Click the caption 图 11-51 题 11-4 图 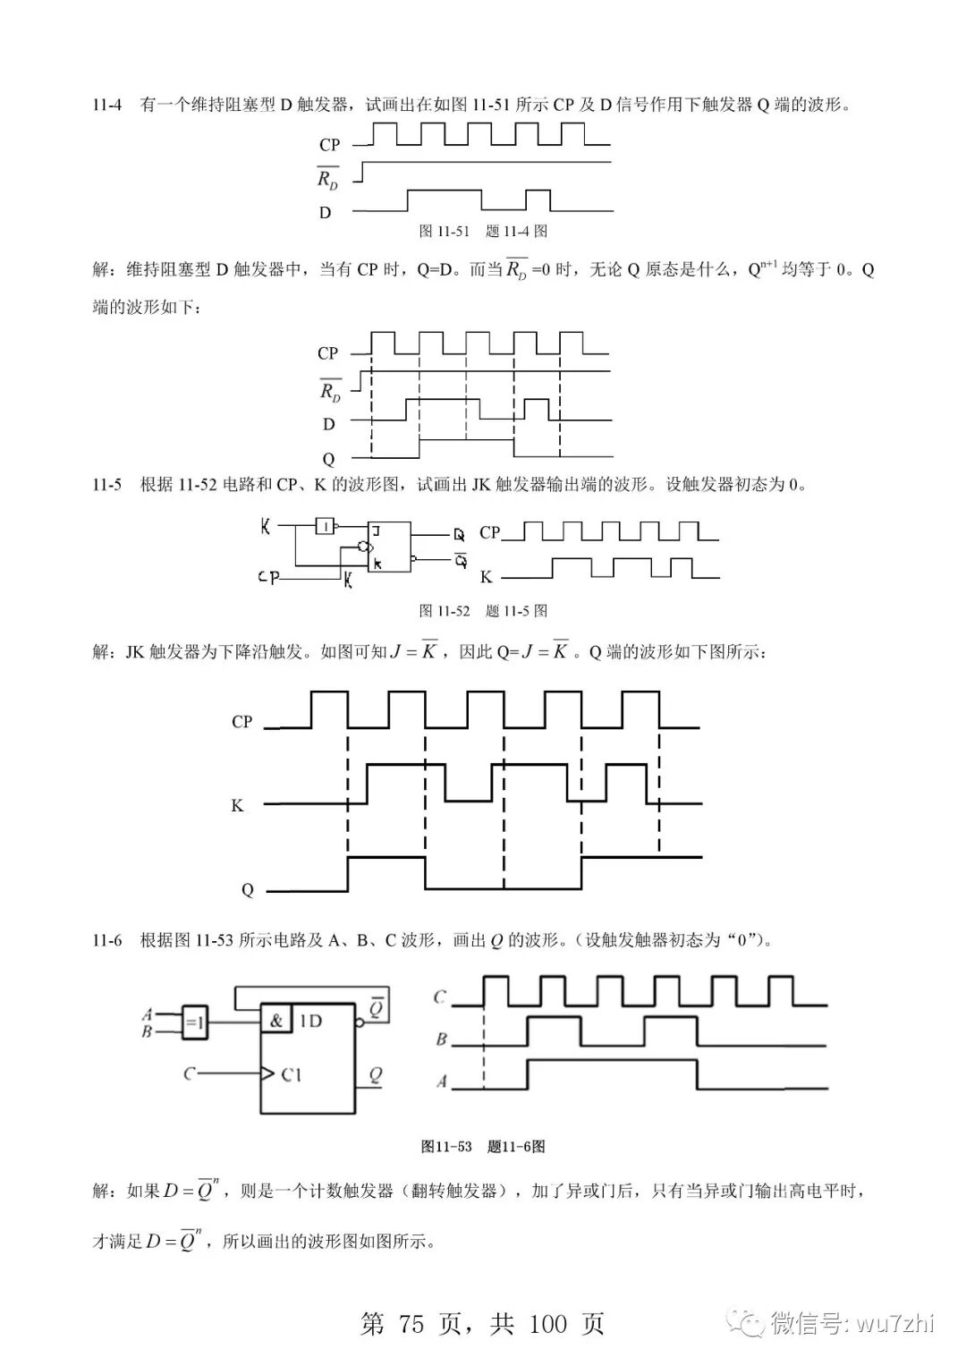tap(483, 231)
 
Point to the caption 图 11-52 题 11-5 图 tap(483, 611)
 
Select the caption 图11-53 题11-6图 tap(483, 1146)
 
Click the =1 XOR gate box tap(195, 1022)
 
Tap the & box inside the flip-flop tap(276, 1020)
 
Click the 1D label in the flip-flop tap(309, 1021)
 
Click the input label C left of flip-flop tap(189, 1072)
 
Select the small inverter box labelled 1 tap(326, 526)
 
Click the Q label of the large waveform tap(247, 890)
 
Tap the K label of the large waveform tap(237, 806)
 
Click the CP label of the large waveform tap(241, 722)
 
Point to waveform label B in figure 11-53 tap(441, 1040)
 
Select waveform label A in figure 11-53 tap(441, 1082)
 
